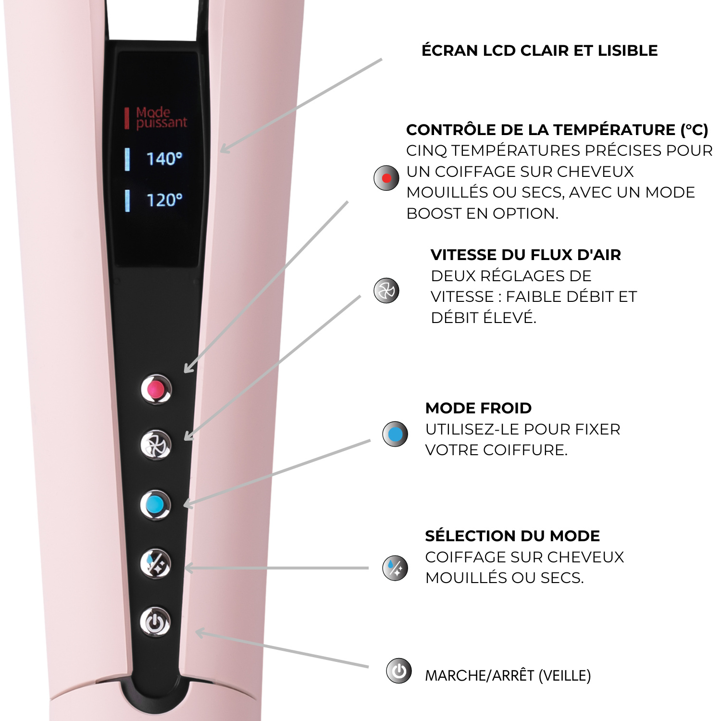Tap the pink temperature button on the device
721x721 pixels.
pyautogui.click(x=156, y=389)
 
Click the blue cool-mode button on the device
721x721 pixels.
pyautogui.click(x=155, y=505)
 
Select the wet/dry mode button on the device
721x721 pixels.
pyautogui.click(x=155, y=563)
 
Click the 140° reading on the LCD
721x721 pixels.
pyautogui.click(x=164, y=159)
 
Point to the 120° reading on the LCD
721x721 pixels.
pyautogui.click(x=164, y=200)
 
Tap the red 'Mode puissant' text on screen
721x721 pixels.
pyautogui.click(x=161, y=118)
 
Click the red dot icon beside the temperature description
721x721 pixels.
pyautogui.click(x=386, y=178)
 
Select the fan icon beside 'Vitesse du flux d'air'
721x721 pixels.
pyautogui.click(x=386, y=290)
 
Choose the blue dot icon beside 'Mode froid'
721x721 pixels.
pyautogui.click(x=395, y=434)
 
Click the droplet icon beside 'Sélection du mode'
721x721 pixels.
pyautogui.click(x=395, y=568)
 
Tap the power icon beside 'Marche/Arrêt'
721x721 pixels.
pyautogui.click(x=399, y=671)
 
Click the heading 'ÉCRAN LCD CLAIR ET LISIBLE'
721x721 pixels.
pyautogui.click(x=539, y=50)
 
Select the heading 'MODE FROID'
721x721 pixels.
pyautogui.click(x=478, y=408)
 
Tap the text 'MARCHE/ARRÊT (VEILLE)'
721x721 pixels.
pyautogui.click(x=508, y=675)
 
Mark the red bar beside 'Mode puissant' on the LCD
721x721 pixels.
pyautogui.click(x=127, y=118)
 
